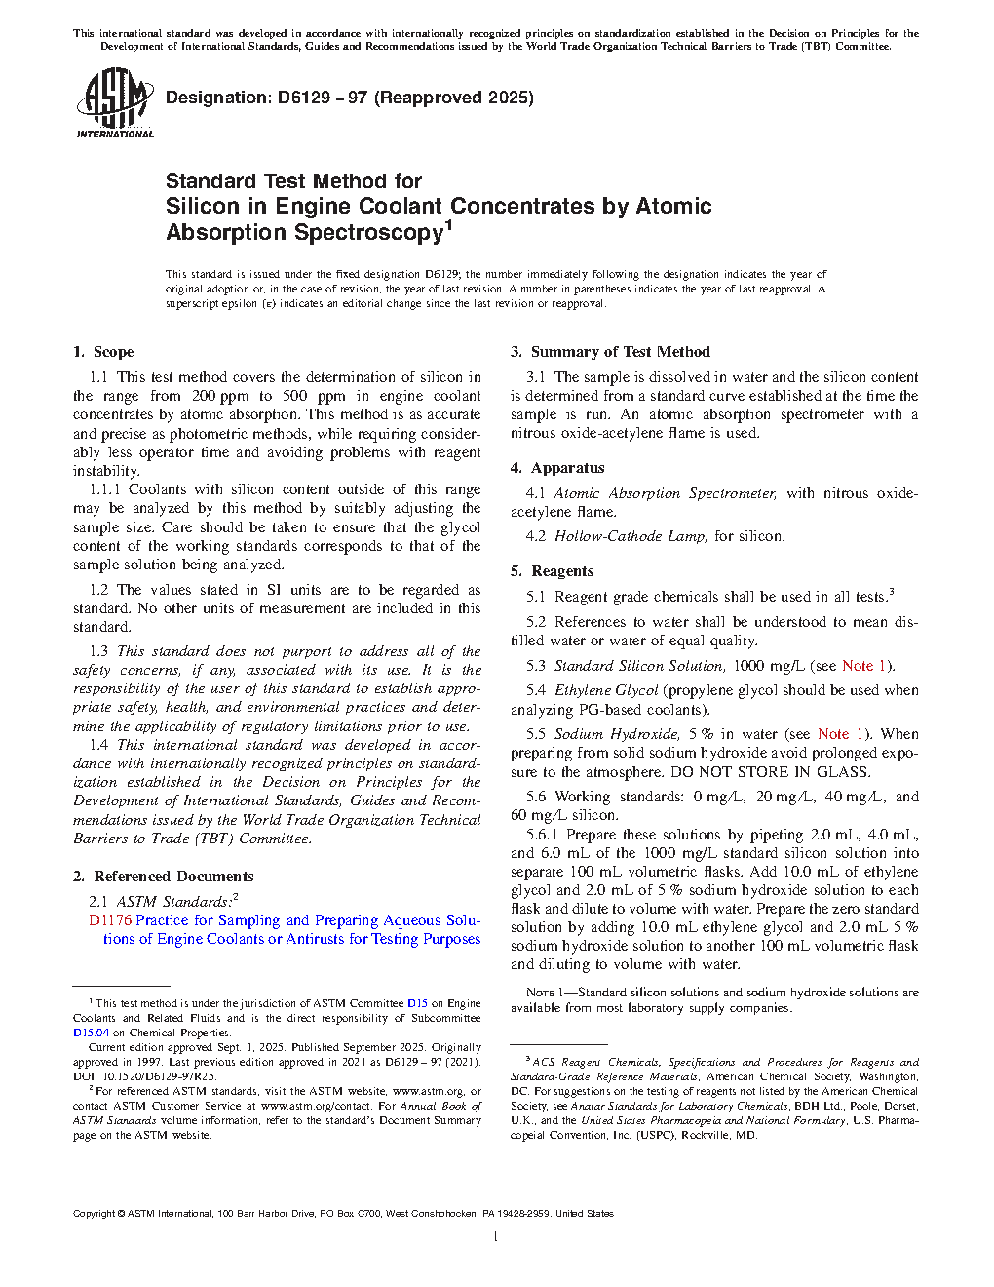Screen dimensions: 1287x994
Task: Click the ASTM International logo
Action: point(114,102)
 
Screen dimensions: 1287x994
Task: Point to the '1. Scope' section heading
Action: point(103,352)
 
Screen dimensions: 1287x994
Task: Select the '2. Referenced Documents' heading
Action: point(163,877)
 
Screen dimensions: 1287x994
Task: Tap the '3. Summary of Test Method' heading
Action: point(610,352)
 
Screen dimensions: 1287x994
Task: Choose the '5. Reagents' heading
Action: point(552,571)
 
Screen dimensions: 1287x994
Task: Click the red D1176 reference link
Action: point(109,920)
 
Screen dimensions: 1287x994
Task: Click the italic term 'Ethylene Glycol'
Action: point(606,690)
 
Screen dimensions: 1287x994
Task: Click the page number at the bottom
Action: point(496,1237)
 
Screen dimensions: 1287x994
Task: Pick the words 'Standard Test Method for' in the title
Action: point(293,181)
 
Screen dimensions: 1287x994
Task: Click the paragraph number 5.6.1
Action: point(542,835)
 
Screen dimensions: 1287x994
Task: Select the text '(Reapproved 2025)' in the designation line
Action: point(454,97)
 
